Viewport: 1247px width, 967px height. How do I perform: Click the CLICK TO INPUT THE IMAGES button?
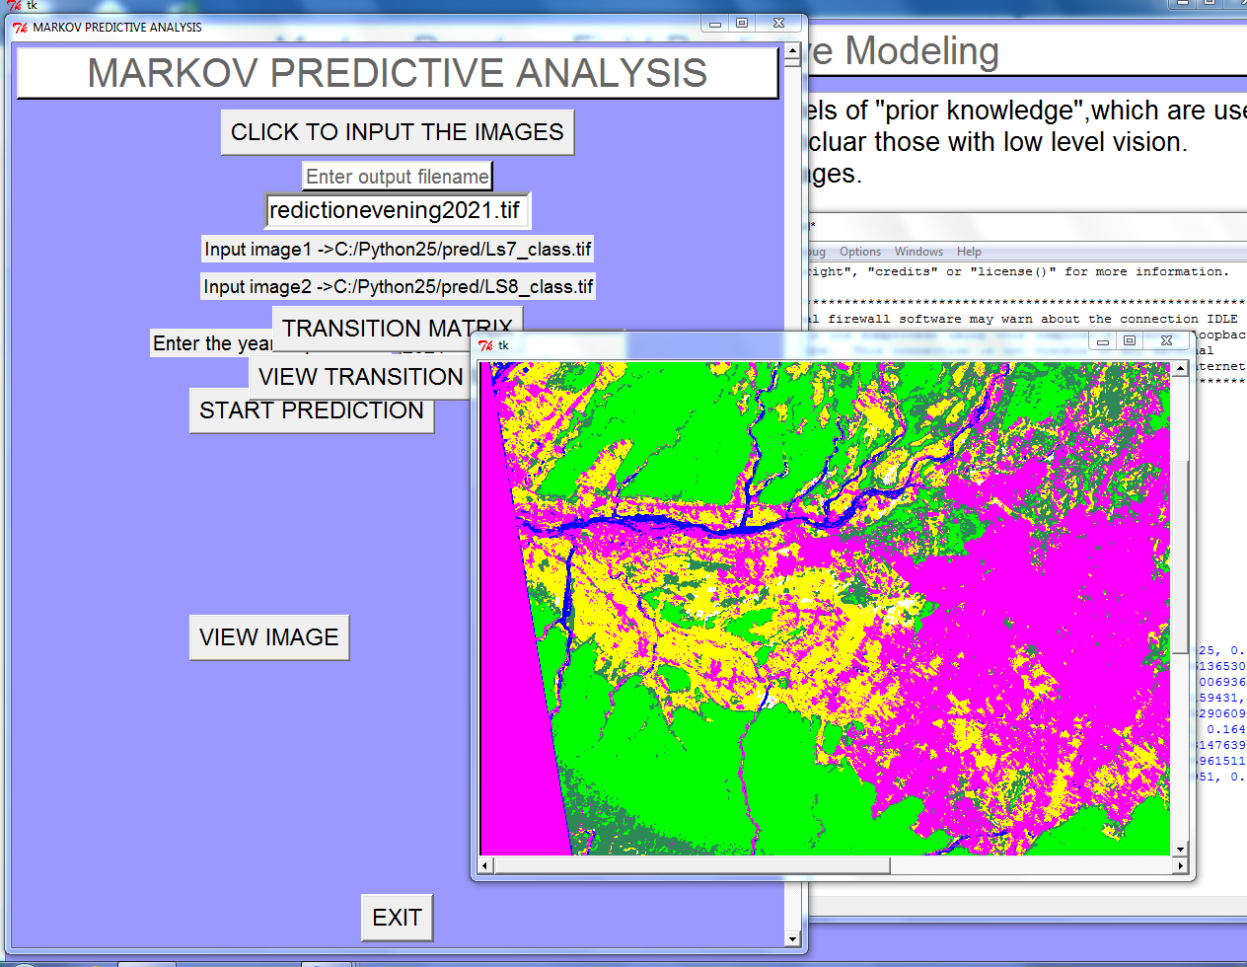(397, 132)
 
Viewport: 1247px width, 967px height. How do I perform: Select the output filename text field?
(397, 210)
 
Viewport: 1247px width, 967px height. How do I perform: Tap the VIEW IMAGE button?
(268, 637)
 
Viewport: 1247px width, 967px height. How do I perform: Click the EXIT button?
(397, 918)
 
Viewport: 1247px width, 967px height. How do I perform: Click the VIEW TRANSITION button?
(359, 377)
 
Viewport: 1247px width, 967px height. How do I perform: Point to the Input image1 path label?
(398, 249)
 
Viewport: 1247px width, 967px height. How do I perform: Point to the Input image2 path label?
(398, 286)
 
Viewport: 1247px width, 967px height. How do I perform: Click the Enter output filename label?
(397, 177)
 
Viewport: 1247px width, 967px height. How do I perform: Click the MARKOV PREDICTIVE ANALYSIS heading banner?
(397, 73)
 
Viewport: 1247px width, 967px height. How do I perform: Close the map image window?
(1166, 341)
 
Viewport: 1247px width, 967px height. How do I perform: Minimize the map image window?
(1103, 341)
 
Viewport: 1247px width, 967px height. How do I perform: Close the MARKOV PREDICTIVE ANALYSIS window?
(778, 23)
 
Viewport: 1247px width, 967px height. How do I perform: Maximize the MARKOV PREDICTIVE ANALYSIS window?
(742, 23)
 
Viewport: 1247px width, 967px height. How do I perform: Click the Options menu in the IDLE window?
(860, 252)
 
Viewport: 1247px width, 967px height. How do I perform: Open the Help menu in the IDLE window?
(969, 252)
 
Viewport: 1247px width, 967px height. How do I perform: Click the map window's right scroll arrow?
(1180, 865)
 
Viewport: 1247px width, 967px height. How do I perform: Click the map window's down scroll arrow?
(1180, 849)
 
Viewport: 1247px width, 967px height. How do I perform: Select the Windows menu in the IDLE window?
(918, 252)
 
